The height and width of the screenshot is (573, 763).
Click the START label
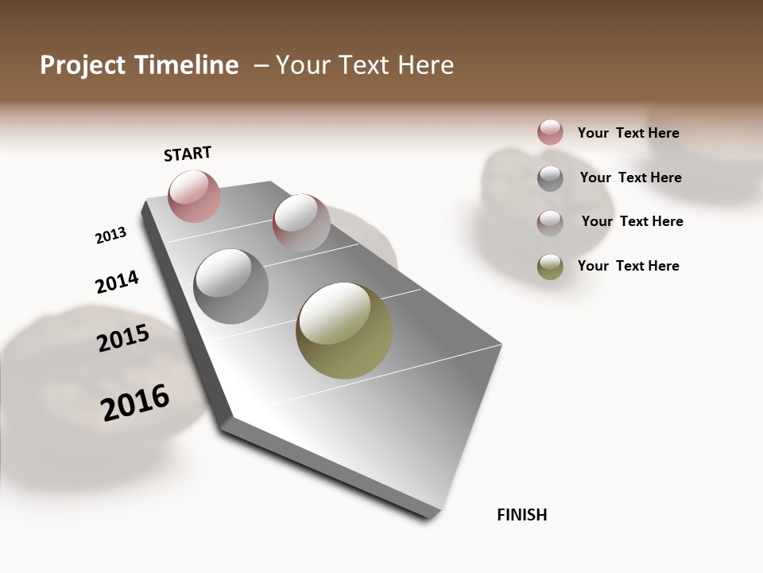pos(188,154)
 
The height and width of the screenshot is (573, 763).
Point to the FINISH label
pos(521,515)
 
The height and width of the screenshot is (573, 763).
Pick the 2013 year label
pos(110,236)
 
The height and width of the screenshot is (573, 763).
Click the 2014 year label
pos(117,282)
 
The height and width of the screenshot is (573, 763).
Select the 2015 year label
pos(123,338)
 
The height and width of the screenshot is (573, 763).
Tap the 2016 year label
pos(135,402)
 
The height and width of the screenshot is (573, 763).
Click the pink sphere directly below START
pos(194,196)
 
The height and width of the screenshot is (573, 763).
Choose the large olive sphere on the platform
pos(344,330)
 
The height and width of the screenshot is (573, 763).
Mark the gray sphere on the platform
pos(231,286)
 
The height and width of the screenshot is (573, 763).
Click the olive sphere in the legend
pos(550,267)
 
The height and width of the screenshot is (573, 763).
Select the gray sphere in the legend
pos(550,178)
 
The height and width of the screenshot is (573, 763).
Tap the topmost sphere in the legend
pos(550,132)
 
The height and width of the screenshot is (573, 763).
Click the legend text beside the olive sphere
pos(628,266)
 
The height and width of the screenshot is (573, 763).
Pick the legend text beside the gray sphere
pos(630,177)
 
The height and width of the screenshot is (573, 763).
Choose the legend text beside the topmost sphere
pos(628,133)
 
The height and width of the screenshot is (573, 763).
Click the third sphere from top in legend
pos(550,223)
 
